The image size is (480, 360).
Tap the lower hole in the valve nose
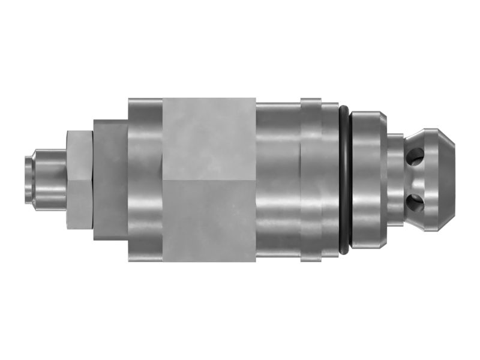click(x=413, y=199)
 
